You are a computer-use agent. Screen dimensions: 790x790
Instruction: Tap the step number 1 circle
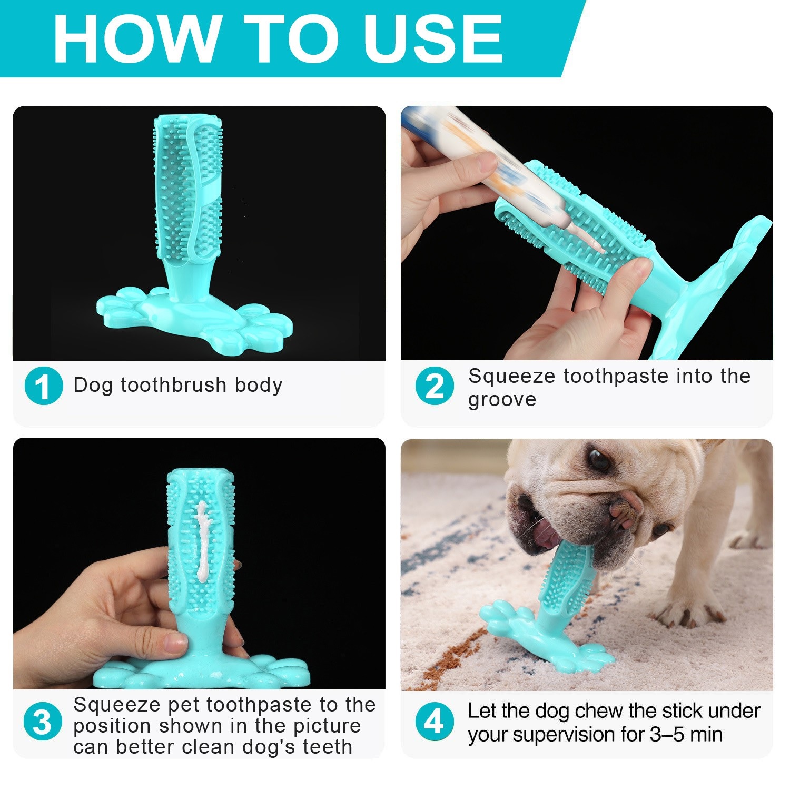[44, 386]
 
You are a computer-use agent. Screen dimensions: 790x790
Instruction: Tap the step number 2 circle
[434, 386]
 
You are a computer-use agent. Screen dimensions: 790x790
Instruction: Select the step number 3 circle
[43, 722]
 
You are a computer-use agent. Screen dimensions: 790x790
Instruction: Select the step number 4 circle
[434, 722]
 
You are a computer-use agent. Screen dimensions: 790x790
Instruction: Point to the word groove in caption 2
[502, 400]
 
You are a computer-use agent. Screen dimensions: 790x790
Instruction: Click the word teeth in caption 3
[327, 747]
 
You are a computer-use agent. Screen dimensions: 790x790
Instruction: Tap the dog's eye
[598, 459]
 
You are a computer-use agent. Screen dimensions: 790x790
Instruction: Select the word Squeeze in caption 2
[511, 376]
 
